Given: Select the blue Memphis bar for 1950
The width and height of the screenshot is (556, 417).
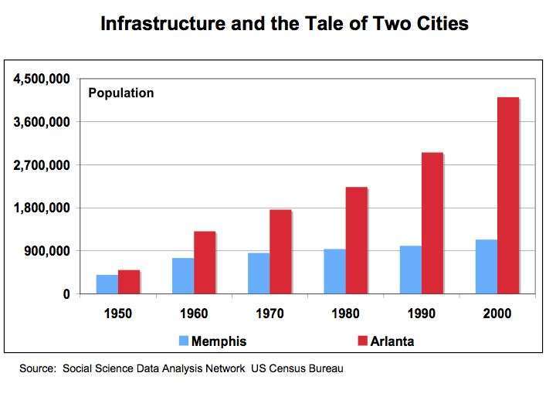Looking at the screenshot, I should (x=107, y=284).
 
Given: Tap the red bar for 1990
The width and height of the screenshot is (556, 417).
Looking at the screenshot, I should (x=432, y=223).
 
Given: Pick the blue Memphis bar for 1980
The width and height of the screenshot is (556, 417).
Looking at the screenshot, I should (x=334, y=271).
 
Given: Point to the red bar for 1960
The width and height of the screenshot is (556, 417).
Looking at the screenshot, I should (x=205, y=263).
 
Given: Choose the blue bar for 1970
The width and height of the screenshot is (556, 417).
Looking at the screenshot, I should (x=259, y=273).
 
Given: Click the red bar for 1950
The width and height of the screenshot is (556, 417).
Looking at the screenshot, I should (x=129, y=282).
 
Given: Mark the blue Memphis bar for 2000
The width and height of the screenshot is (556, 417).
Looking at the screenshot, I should (x=486, y=266).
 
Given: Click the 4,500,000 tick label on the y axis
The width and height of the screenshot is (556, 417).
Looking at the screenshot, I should (x=40, y=79).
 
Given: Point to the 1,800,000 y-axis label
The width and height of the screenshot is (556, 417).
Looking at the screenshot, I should (x=40, y=208).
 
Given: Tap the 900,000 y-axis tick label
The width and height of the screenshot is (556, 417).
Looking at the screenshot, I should (x=46, y=251).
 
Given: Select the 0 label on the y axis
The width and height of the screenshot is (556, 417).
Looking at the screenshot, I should (x=66, y=294).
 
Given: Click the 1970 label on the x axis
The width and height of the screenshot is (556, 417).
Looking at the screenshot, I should (x=270, y=314).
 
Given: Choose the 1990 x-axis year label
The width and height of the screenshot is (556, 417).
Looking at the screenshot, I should (x=421, y=314).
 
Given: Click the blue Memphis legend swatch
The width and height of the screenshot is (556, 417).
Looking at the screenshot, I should (x=183, y=341).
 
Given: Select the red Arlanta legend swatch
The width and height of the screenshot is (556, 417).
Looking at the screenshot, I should (x=362, y=341).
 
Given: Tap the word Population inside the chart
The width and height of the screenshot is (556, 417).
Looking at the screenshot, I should (x=121, y=93).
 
